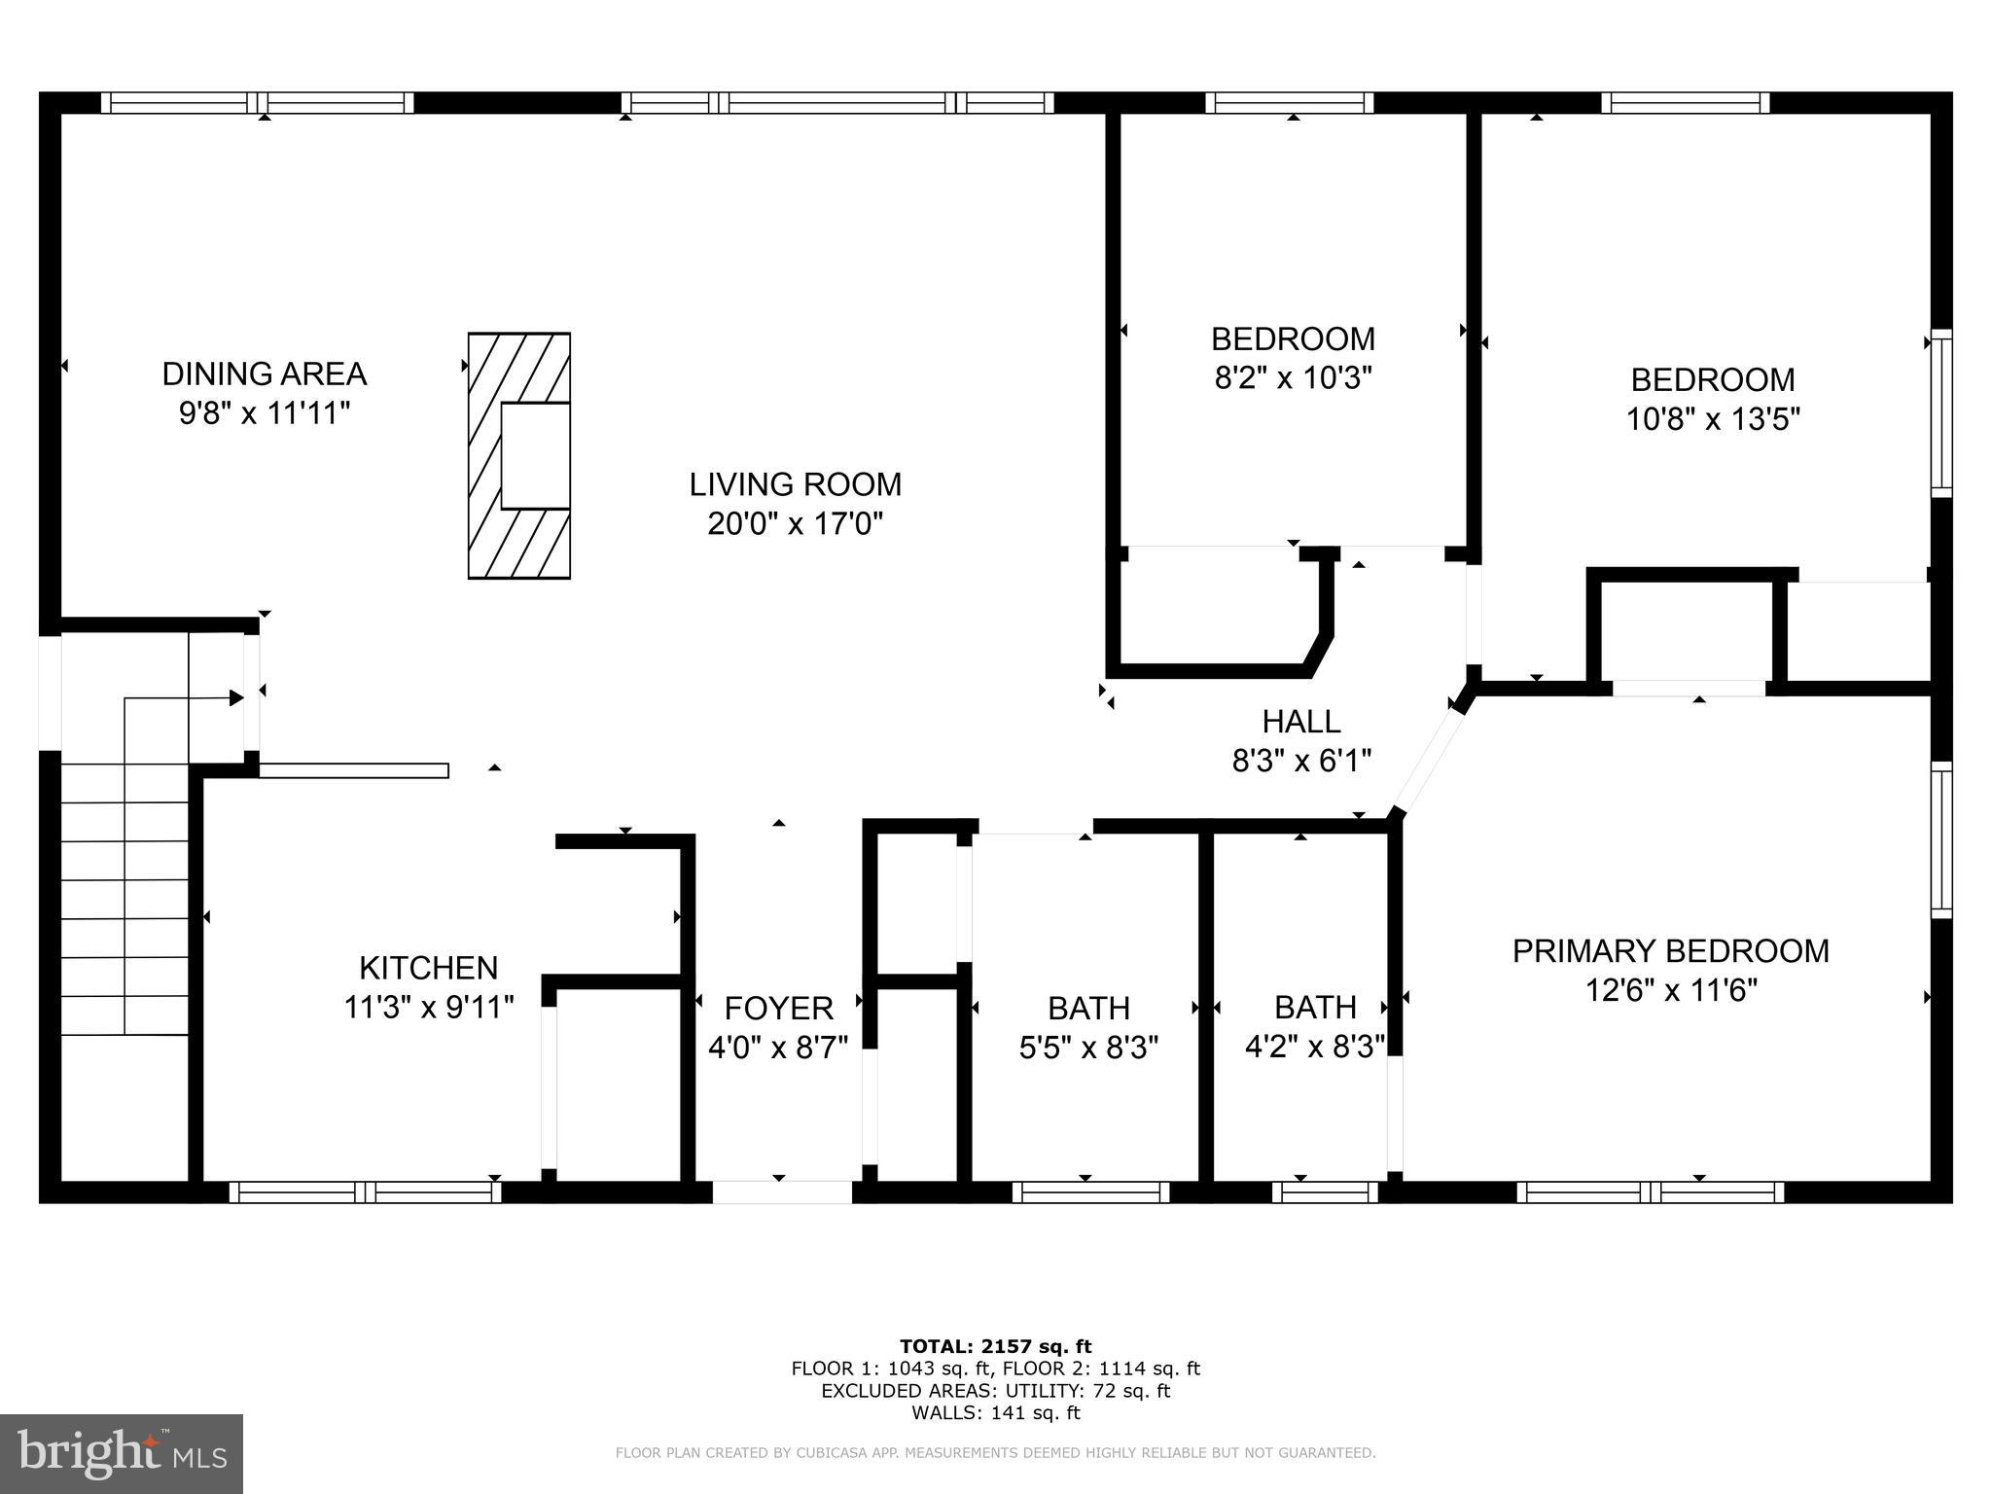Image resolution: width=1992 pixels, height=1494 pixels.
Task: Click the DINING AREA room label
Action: coord(264,373)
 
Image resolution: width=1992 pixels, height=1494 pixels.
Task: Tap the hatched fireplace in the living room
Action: coord(518,455)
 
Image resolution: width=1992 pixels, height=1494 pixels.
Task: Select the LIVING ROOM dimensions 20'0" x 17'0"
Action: coord(795,524)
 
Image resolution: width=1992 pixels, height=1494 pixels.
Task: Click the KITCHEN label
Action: coord(428,967)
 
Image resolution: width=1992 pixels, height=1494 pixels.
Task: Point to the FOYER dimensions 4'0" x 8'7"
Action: coord(778,1048)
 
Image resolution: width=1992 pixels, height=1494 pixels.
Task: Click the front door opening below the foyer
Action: coord(782,1192)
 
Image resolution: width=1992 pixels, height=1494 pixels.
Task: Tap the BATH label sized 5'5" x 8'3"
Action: coord(1088,1007)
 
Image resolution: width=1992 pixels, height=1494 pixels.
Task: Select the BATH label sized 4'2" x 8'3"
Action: coord(1315,1007)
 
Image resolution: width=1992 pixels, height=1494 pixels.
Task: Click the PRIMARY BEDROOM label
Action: coord(1670,950)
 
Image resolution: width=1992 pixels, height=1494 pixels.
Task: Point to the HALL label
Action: coord(1301,721)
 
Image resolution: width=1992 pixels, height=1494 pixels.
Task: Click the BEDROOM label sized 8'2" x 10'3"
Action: coord(1293,338)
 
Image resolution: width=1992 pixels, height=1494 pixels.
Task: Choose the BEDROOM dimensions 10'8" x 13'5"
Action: coord(1713,419)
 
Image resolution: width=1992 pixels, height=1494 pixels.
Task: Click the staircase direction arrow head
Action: coord(235,697)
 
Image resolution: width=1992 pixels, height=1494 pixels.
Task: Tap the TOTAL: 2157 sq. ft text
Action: coord(995,1346)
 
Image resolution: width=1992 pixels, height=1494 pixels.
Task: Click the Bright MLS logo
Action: coord(122,1453)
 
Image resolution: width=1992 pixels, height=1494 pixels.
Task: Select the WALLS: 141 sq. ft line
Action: coord(995,1413)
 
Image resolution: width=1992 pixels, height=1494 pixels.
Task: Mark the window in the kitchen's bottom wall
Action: coord(365,1192)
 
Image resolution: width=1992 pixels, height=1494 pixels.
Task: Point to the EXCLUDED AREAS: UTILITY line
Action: coord(995,1391)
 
